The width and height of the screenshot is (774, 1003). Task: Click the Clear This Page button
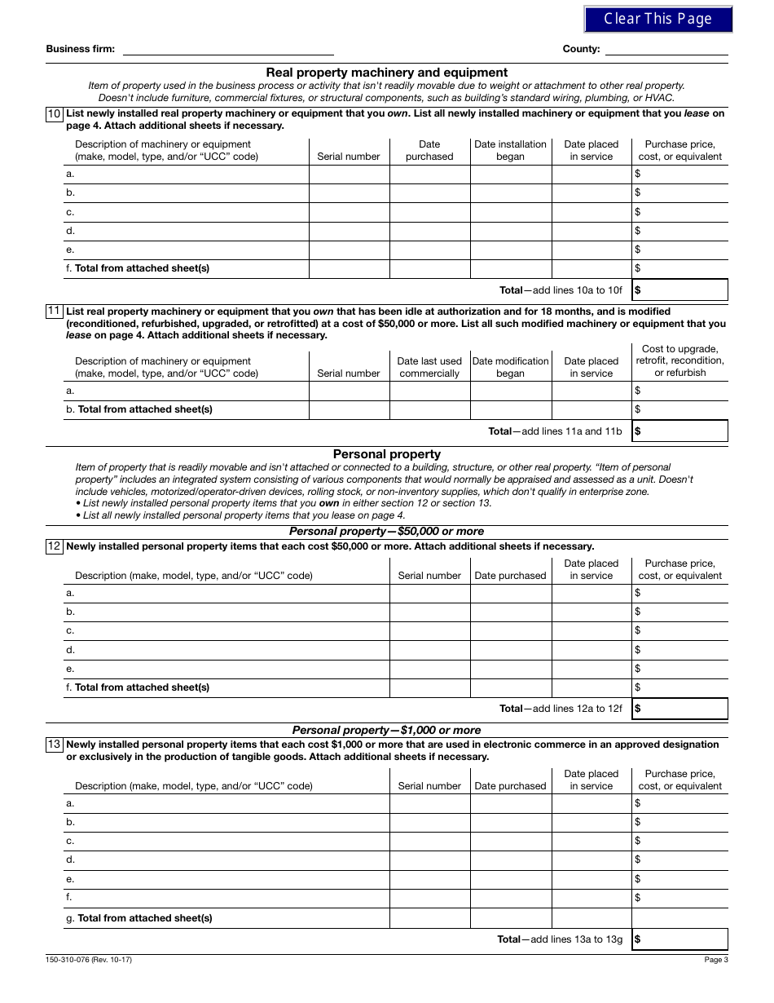click(x=657, y=19)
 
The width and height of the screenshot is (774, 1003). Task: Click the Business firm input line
click(x=227, y=49)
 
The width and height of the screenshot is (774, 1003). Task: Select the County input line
click(x=666, y=49)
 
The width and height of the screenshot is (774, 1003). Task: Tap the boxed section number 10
click(x=54, y=114)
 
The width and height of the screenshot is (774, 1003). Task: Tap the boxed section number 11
click(x=54, y=312)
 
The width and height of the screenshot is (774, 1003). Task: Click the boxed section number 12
click(x=54, y=546)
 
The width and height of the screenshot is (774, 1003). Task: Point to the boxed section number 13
click(x=54, y=745)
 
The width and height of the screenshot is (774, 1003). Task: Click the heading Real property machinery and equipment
click(x=386, y=73)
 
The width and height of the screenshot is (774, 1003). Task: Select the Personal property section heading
click(x=386, y=454)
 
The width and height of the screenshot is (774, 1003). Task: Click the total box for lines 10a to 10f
click(x=679, y=289)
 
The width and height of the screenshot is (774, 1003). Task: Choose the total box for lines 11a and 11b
click(x=679, y=431)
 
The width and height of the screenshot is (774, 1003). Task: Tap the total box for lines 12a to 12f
click(x=679, y=709)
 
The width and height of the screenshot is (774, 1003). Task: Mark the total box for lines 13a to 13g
click(x=679, y=939)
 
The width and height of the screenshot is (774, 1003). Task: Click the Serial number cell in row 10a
click(x=349, y=174)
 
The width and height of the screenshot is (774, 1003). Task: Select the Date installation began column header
click(x=510, y=150)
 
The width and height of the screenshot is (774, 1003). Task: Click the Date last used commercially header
click(x=429, y=367)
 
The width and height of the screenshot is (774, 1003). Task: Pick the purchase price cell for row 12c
click(x=679, y=630)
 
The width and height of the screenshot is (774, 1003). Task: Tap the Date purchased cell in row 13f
click(x=510, y=898)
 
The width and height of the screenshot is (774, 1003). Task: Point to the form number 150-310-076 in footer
click(x=89, y=960)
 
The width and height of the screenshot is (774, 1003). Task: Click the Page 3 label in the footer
click(x=715, y=960)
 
